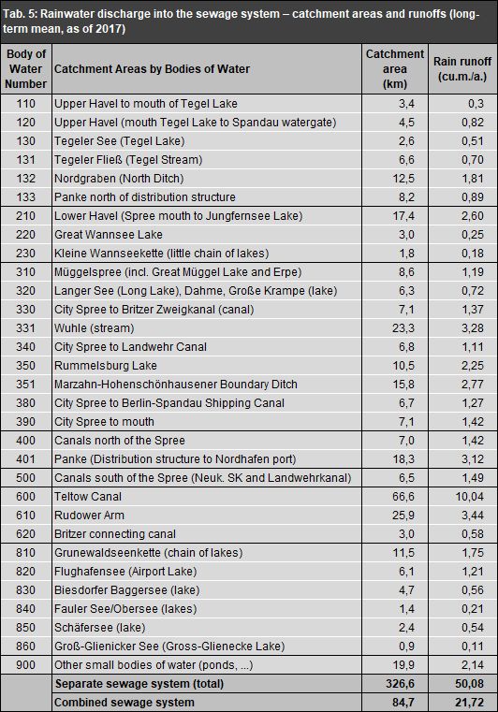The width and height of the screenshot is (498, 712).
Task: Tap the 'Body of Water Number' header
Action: pyautogui.click(x=25, y=69)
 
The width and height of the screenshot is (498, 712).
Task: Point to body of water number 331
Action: pyautogui.click(x=25, y=328)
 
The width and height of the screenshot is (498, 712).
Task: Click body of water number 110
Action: pyautogui.click(x=25, y=103)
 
